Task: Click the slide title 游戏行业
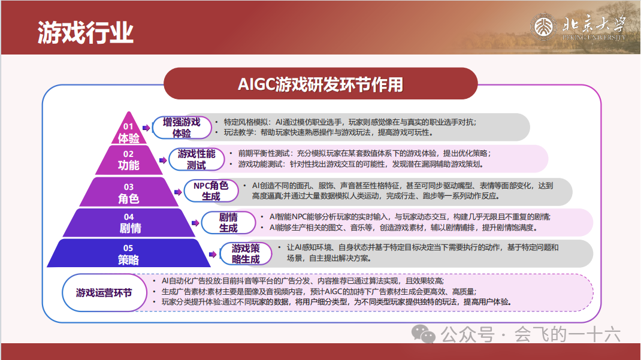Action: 86,33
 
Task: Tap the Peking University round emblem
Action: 543,28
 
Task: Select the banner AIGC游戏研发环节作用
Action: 320,84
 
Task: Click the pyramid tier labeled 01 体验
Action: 129,130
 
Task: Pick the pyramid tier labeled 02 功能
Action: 129,160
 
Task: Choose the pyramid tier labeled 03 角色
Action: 129,192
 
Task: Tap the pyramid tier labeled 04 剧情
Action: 129,223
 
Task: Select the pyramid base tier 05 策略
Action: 129,253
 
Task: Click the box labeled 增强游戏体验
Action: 182,128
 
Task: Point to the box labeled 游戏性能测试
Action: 196,159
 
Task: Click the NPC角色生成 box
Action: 211,191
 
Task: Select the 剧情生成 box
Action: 228,222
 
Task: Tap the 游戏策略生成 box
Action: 246,254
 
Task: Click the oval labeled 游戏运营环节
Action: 104,292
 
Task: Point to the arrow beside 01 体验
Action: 146,128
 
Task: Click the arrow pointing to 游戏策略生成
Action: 213,254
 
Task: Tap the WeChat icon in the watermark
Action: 423,334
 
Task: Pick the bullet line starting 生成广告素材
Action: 319,291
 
